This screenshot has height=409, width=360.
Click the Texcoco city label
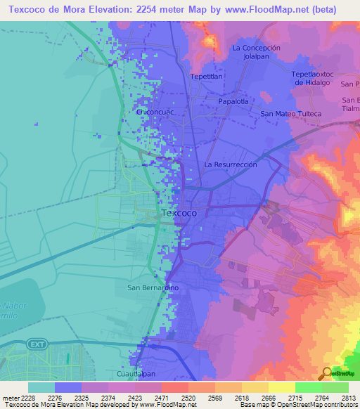coord(179,212)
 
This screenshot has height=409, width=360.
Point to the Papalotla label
coord(234,100)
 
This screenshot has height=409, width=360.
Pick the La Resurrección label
coord(231,164)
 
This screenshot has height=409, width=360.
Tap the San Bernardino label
coord(153,287)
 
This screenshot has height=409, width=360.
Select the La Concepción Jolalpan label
coord(256,52)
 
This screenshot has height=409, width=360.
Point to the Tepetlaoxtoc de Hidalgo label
coord(316,77)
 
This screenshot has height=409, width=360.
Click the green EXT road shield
coord(36,344)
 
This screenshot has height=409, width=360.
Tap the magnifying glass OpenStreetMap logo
coord(326,373)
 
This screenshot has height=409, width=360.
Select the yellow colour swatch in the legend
coord(282,387)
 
